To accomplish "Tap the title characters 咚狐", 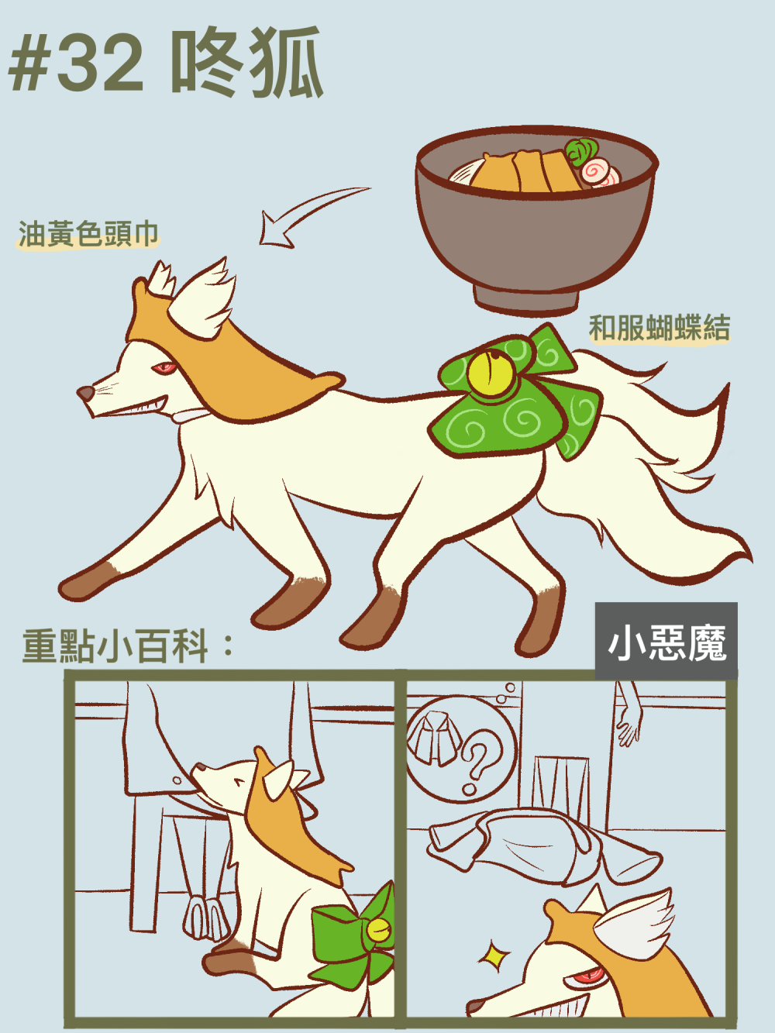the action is pos(247,62).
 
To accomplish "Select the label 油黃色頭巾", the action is pos(88,234).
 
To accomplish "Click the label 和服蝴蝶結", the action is pos(660,328).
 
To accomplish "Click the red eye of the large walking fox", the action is pos(164,367).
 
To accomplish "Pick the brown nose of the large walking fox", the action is pos(86,394).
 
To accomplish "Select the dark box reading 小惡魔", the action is pos(666,641).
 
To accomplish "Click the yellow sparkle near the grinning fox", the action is pos(494,955).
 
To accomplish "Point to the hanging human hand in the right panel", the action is pos(629,715).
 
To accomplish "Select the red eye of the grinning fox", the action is pos(584,980).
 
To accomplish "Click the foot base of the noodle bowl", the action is pos(526,299).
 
